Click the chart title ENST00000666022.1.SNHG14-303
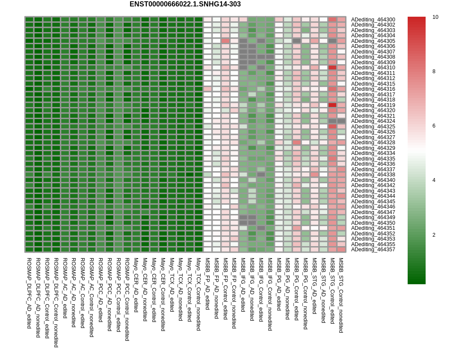[x=185, y=4]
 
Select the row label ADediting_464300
[x=373, y=20]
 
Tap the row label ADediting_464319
[x=373, y=105]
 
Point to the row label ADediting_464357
[x=373, y=250]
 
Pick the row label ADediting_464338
[x=373, y=175]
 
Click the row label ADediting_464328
[x=373, y=143]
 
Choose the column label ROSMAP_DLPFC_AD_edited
[x=29, y=293]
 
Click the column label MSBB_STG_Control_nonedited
[x=341, y=295]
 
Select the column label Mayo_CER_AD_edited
[x=136, y=285]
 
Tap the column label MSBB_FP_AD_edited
[x=207, y=284]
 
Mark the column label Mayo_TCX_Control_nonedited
[x=198, y=295]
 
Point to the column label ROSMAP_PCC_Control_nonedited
[x=127, y=300]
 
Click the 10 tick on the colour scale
[x=435, y=17]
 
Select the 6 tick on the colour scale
[x=434, y=126]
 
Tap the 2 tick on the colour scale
[x=434, y=235]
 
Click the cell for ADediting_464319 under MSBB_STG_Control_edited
[x=332, y=105]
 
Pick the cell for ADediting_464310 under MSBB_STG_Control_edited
[x=332, y=68]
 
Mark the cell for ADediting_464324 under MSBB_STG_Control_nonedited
[x=341, y=121]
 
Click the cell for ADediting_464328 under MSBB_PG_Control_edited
[x=297, y=143]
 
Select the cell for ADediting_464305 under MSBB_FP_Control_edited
[x=225, y=41]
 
